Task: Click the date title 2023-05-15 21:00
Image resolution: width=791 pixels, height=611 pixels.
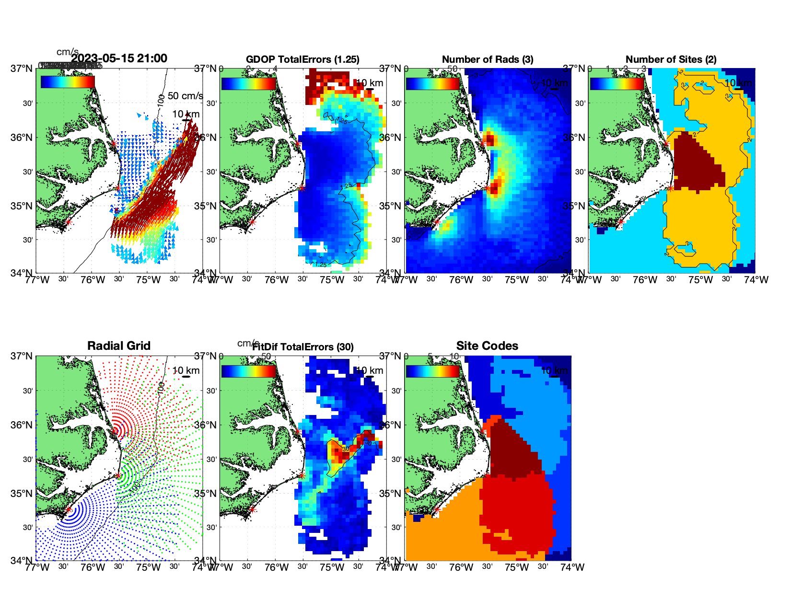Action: [x=119, y=58]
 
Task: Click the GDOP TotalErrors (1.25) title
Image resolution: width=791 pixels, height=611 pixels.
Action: [x=302, y=59]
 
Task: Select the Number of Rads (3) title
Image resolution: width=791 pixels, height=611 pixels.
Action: [x=488, y=59]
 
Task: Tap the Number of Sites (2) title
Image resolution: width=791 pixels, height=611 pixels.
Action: [x=671, y=59]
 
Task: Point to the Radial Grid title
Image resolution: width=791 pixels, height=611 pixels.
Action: [x=119, y=346]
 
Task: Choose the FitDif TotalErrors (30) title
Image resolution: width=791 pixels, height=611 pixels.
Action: [x=303, y=347]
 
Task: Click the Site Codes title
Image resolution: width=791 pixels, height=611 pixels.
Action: [x=487, y=346]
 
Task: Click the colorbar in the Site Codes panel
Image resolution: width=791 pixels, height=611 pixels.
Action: [x=432, y=371]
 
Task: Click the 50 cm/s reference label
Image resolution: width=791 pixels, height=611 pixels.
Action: [x=185, y=96]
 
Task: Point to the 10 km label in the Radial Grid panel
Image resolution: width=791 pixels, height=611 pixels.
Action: [x=186, y=370]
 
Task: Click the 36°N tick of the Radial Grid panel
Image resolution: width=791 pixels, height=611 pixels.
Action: [x=23, y=425]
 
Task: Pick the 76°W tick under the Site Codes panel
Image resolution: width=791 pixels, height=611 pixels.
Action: [x=461, y=567]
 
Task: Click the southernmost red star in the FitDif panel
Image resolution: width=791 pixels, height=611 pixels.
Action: [x=252, y=509]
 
